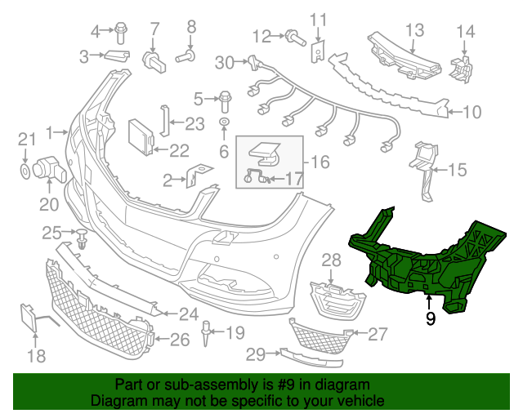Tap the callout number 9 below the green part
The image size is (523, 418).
430,319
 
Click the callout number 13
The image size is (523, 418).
415,30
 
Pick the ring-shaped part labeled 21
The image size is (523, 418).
25,171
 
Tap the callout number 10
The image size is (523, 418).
472,113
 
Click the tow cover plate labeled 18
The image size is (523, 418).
28,317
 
